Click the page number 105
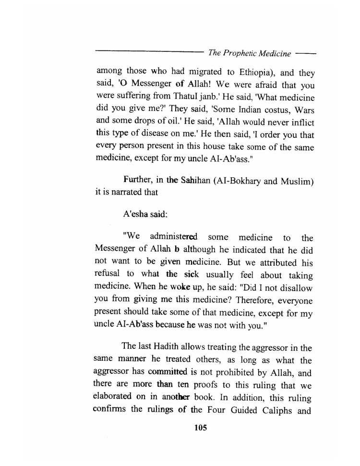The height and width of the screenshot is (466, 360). coord(200,428)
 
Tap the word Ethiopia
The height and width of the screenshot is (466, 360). coord(254,73)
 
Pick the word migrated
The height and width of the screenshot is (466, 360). coord(195,73)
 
